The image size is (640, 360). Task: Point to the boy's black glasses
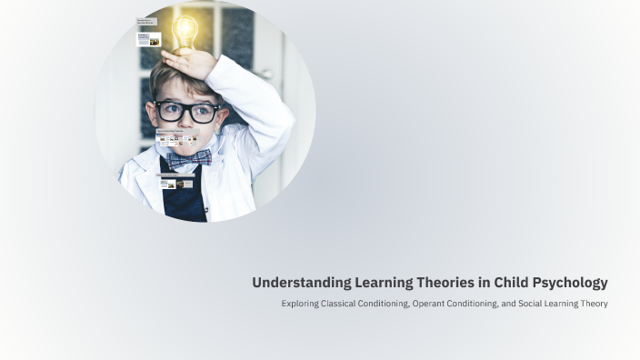(186, 112)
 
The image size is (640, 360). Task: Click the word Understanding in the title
(290, 283)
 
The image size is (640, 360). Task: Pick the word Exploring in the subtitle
(300, 304)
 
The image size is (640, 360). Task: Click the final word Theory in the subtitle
(594, 304)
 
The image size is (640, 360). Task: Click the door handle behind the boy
(265, 74)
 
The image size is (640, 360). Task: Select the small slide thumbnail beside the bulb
(148, 39)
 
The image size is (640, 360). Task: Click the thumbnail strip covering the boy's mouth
(176, 139)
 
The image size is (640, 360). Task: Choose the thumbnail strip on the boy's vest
(175, 182)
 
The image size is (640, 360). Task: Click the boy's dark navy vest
(185, 202)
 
